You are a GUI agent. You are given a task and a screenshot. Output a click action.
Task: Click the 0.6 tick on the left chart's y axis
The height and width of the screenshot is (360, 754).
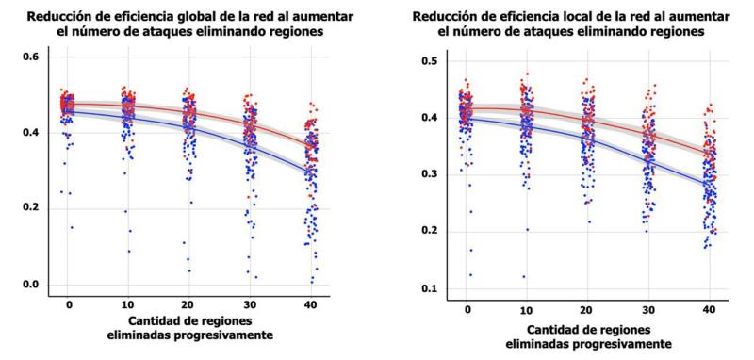[30, 57]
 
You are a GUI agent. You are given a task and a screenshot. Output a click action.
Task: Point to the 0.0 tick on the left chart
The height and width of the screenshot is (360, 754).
[30, 285]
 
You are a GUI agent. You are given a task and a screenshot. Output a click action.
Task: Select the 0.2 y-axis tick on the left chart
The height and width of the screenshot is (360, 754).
[30, 208]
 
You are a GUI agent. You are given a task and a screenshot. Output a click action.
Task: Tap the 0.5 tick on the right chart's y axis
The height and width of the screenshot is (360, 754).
[430, 61]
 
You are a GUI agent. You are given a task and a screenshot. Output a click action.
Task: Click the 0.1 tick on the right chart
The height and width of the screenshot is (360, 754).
[430, 289]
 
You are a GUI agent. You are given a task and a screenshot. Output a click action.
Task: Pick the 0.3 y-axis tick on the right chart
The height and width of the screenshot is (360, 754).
[430, 175]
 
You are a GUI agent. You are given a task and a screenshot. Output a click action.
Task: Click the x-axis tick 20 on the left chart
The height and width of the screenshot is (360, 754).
[189, 305]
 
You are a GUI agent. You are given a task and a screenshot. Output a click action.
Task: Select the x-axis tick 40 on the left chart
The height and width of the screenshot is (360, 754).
[311, 305]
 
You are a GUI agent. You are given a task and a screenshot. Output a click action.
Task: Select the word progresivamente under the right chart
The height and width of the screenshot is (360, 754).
[622, 344]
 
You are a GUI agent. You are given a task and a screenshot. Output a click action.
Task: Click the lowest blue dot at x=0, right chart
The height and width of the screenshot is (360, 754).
[470, 275]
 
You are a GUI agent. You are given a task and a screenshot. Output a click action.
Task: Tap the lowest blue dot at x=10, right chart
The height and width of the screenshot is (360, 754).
[523, 276]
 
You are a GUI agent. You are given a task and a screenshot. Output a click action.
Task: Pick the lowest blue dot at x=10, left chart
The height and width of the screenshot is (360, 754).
[128, 251]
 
